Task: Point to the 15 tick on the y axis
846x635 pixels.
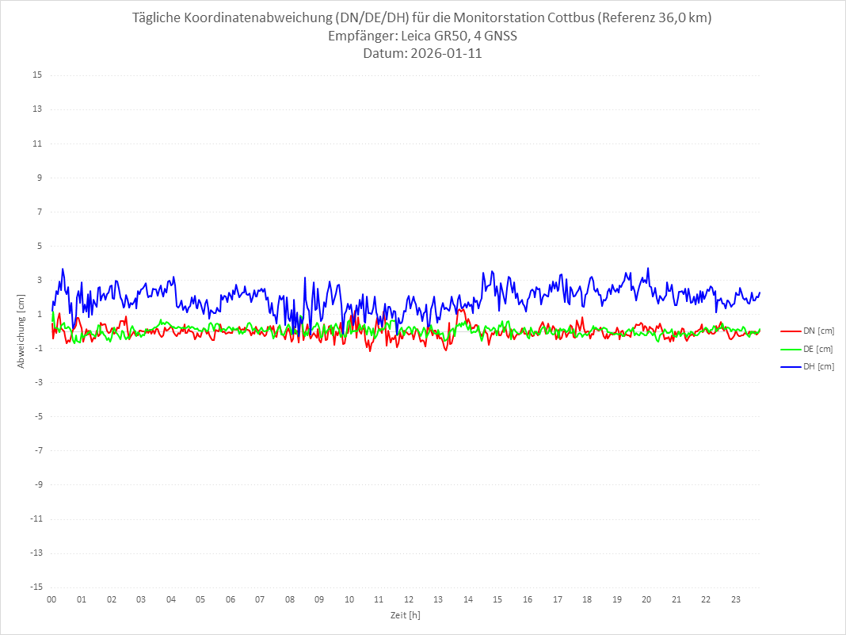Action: click(37, 75)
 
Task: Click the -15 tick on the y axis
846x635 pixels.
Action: click(36, 587)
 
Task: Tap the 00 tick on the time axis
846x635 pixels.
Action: click(51, 599)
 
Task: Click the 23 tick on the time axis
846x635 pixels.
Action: click(736, 599)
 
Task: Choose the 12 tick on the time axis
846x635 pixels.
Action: click(409, 599)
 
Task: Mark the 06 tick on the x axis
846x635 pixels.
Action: click(230, 599)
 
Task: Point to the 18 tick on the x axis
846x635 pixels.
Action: click(587, 599)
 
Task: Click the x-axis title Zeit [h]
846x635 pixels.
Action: click(406, 615)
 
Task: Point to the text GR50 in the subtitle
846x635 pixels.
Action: click(453, 36)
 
